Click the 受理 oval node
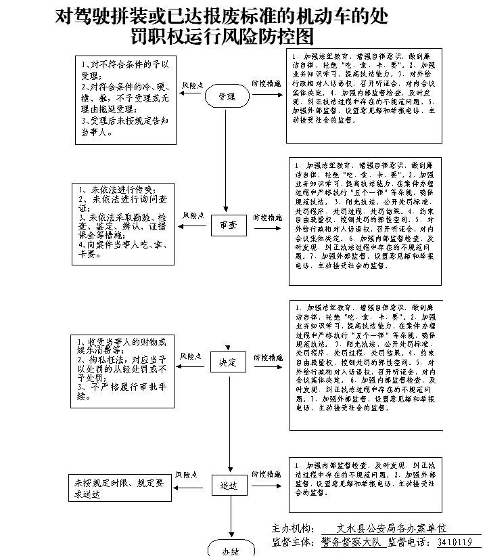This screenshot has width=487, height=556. (x=228, y=97)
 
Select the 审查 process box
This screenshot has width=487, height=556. (x=229, y=226)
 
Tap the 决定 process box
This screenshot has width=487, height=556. (x=229, y=363)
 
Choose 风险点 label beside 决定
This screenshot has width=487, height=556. (x=191, y=356)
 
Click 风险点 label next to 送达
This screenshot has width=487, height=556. (x=187, y=475)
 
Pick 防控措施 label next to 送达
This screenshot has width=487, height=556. (x=266, y=474)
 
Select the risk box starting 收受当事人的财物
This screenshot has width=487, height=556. (x=122, y=369)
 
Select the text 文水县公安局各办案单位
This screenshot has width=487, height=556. (x=392, y=528)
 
